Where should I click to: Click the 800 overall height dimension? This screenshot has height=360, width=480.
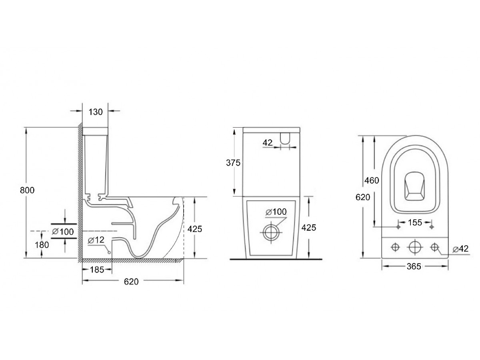tap(27, 190)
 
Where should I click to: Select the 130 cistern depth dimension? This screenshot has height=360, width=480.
tap(96, 112)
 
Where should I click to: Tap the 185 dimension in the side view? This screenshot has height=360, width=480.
tap(97, 270)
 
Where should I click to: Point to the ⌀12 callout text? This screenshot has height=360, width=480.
tap(96, 240)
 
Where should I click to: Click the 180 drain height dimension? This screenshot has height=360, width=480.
tap(42, 245)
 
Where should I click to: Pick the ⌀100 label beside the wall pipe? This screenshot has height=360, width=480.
tap(63, 232)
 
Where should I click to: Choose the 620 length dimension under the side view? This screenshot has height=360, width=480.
tap(131, 282)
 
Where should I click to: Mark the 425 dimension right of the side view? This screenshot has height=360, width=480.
tap(195, 229)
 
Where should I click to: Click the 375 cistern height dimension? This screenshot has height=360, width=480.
tap(233, 163)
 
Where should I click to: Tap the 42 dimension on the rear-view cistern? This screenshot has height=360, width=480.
tap(268, 143)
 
